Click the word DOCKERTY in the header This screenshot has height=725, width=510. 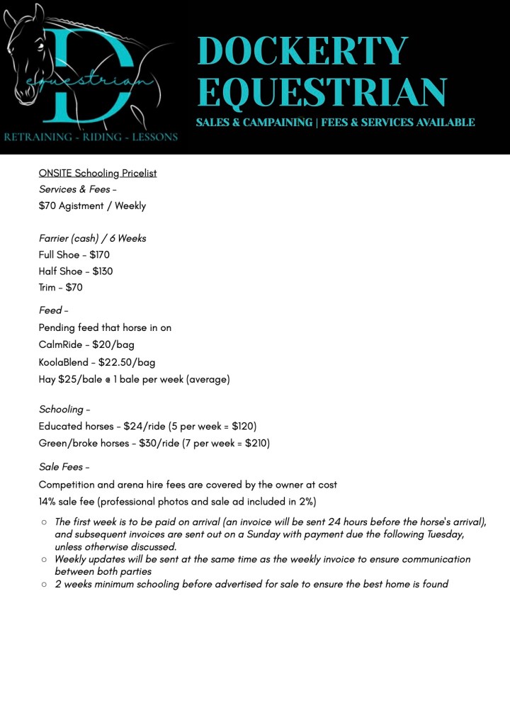pyautogui.click(x=302, y=50)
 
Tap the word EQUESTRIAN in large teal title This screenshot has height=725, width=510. pyautogui.click(x=322, y=92)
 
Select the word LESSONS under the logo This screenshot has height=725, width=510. pyautogui.click(x=154, y=137)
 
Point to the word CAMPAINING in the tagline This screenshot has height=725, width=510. pyautogui.click(x=276, y=123)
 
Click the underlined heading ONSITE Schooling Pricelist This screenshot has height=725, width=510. pyautogui.click(x=98, y=173)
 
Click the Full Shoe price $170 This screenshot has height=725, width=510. pyautogui.click(x=99, y=254)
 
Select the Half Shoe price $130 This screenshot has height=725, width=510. pyautogui.click(x=103, y=271)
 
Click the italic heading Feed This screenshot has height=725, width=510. pyautogui.click(x=50, y=310)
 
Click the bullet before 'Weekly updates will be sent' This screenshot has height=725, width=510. pyautogui.click(x=44, y=559)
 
